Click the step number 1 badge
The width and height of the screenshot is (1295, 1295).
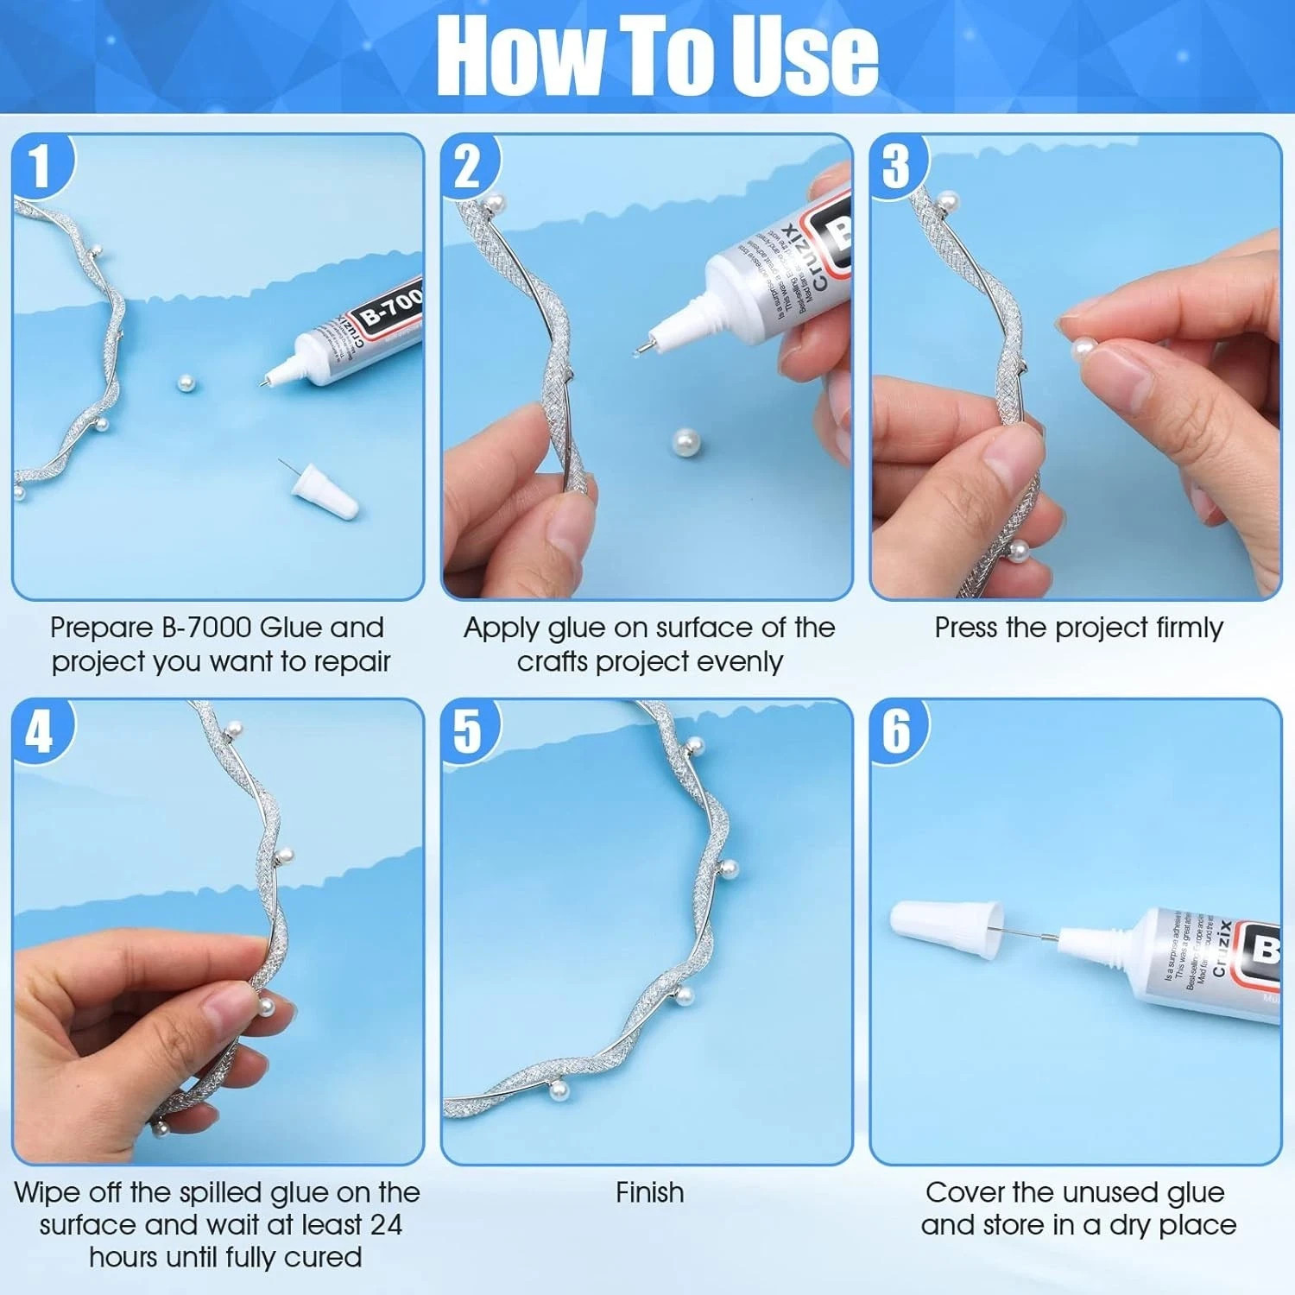(x=40, y=167)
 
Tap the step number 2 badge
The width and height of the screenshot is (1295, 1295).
(x=467, y=167)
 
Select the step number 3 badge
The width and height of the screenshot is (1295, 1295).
(x=896, y=166)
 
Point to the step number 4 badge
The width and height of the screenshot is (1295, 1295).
(x=40, y=732)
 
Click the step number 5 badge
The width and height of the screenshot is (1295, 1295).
(x=467, y=732)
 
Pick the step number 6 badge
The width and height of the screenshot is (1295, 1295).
(x=896, y=732)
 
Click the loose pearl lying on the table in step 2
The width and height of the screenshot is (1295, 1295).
(x=685, y=445)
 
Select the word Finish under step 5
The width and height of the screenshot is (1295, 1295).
(x=649, y=1193)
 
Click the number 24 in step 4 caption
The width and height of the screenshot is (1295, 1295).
(x=386, y=1225)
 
